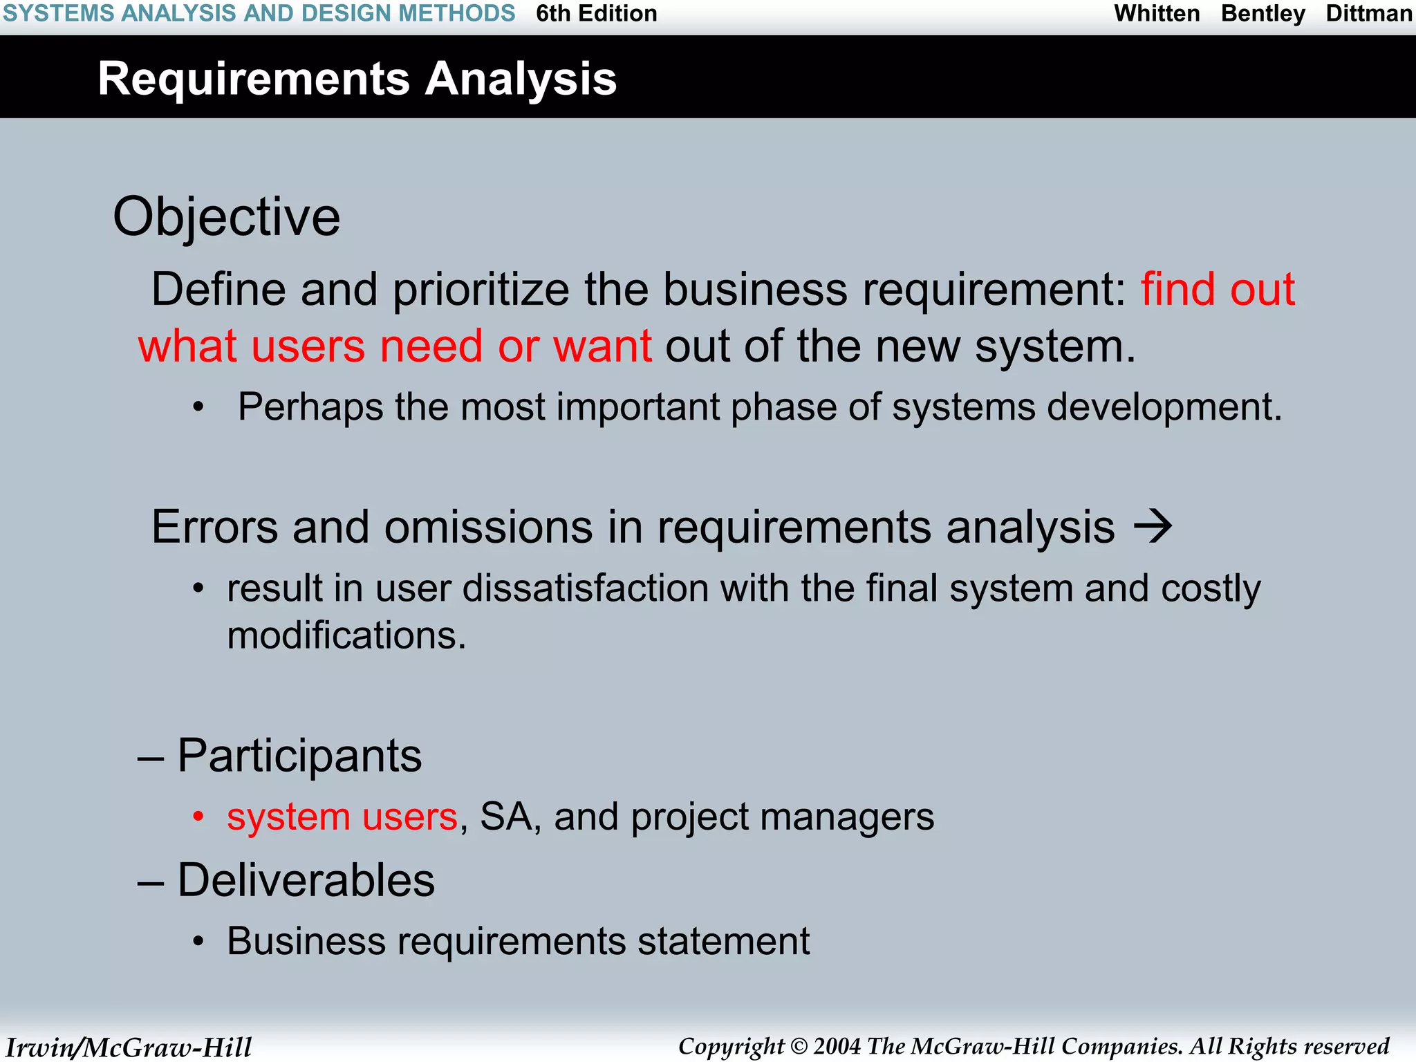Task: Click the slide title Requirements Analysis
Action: pos(357,79)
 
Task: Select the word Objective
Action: pos(227,217)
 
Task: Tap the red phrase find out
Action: pos(1218,289)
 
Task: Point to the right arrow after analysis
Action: pos(1153,527)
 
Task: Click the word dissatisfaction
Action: pos(585,589)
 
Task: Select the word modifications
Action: pos(346,635)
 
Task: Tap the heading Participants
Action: pos(299,756)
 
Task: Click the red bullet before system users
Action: pos(198,817)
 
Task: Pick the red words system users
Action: pos(342,817)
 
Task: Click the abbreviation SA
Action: pos(507,817)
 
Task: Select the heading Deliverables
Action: pos(306,881)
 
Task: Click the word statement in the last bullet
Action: pos(723,942)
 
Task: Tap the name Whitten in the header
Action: pos(1157,14)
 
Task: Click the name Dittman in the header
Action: pos(1368,14)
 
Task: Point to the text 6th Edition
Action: pos(596,14)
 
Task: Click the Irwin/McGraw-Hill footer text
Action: pos(129,1047)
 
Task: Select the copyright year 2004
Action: pos(837,1046)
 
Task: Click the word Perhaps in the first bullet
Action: pos(310,407)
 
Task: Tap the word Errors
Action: pos(214,528)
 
